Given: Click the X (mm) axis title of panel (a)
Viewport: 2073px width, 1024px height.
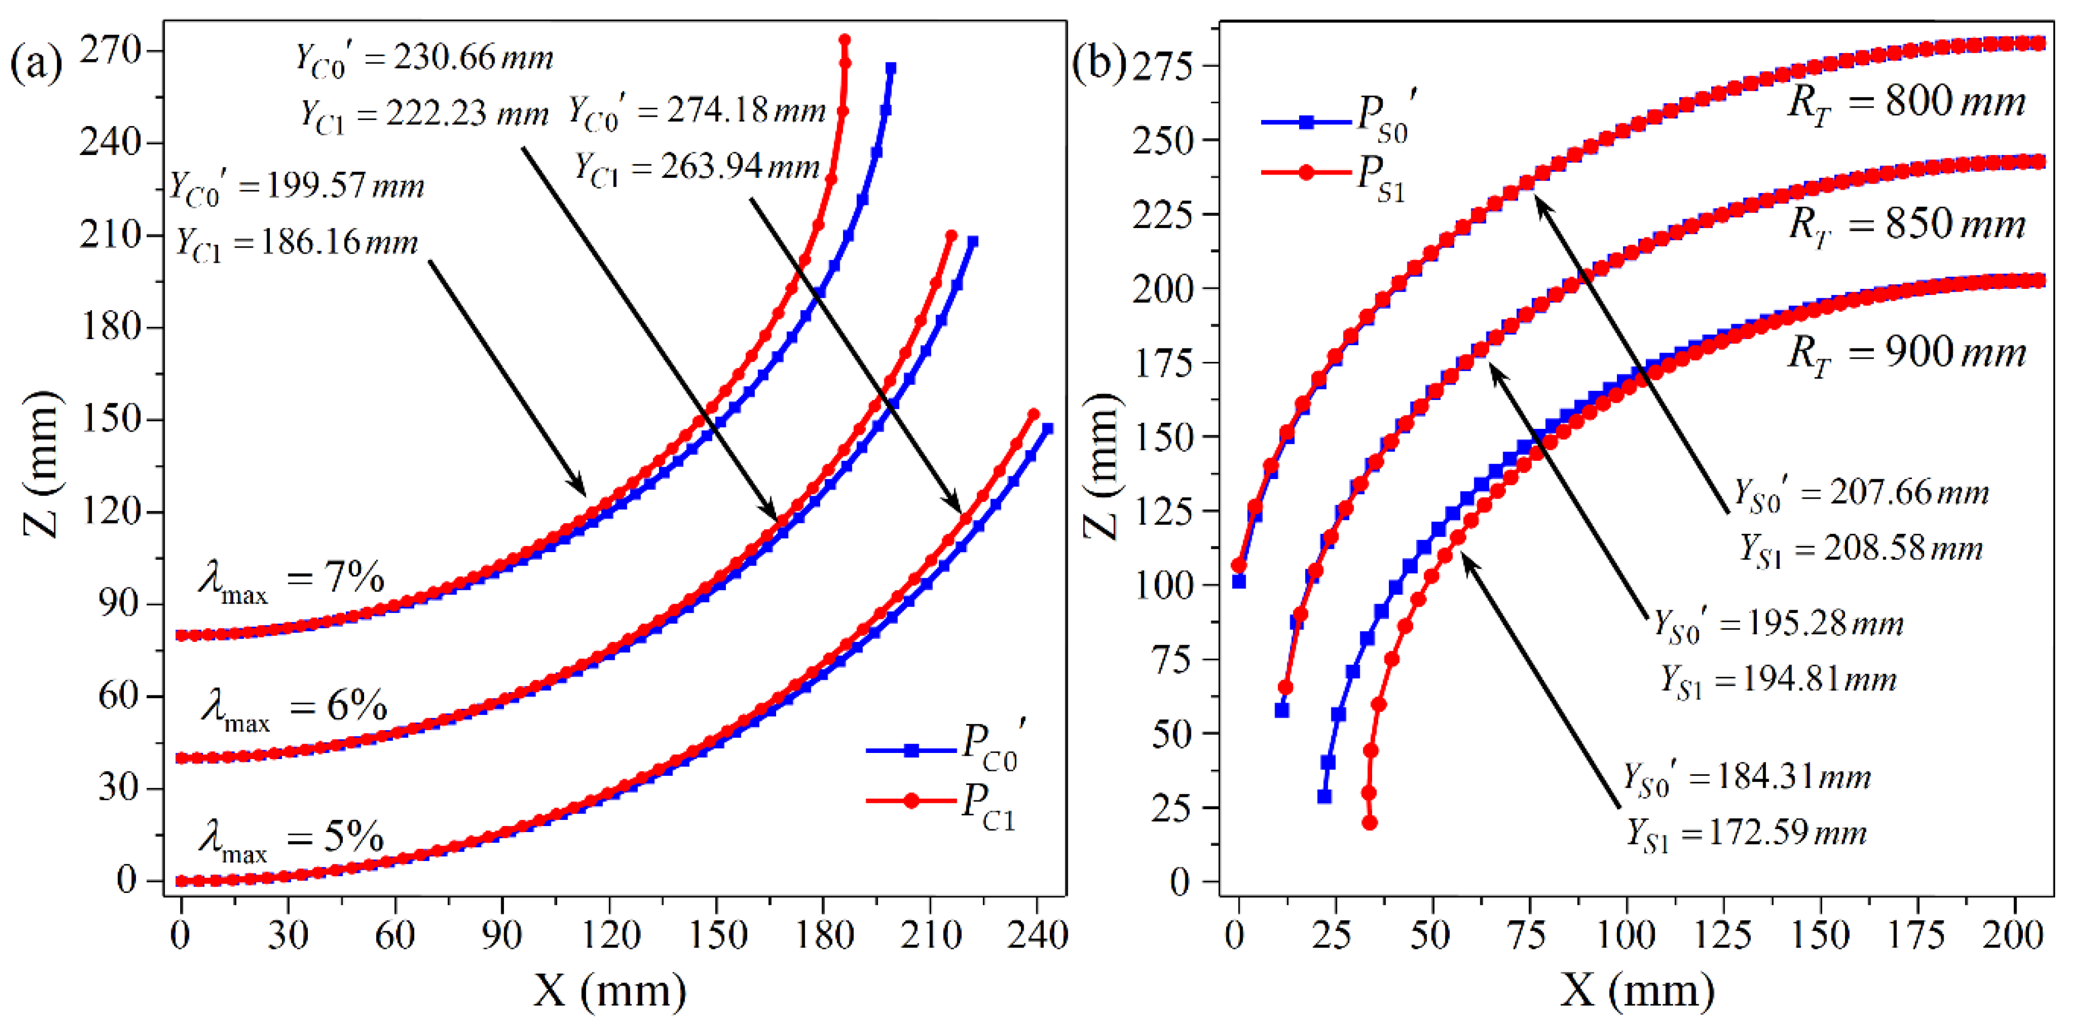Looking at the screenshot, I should point(609,989).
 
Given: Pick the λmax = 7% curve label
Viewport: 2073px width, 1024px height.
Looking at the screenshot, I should point(291,581).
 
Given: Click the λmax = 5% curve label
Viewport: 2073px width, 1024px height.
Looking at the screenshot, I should point(291,841).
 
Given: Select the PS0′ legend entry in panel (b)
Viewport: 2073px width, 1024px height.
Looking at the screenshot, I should point(1336,121).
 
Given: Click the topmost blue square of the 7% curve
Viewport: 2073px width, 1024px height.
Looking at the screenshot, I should point(891,69).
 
